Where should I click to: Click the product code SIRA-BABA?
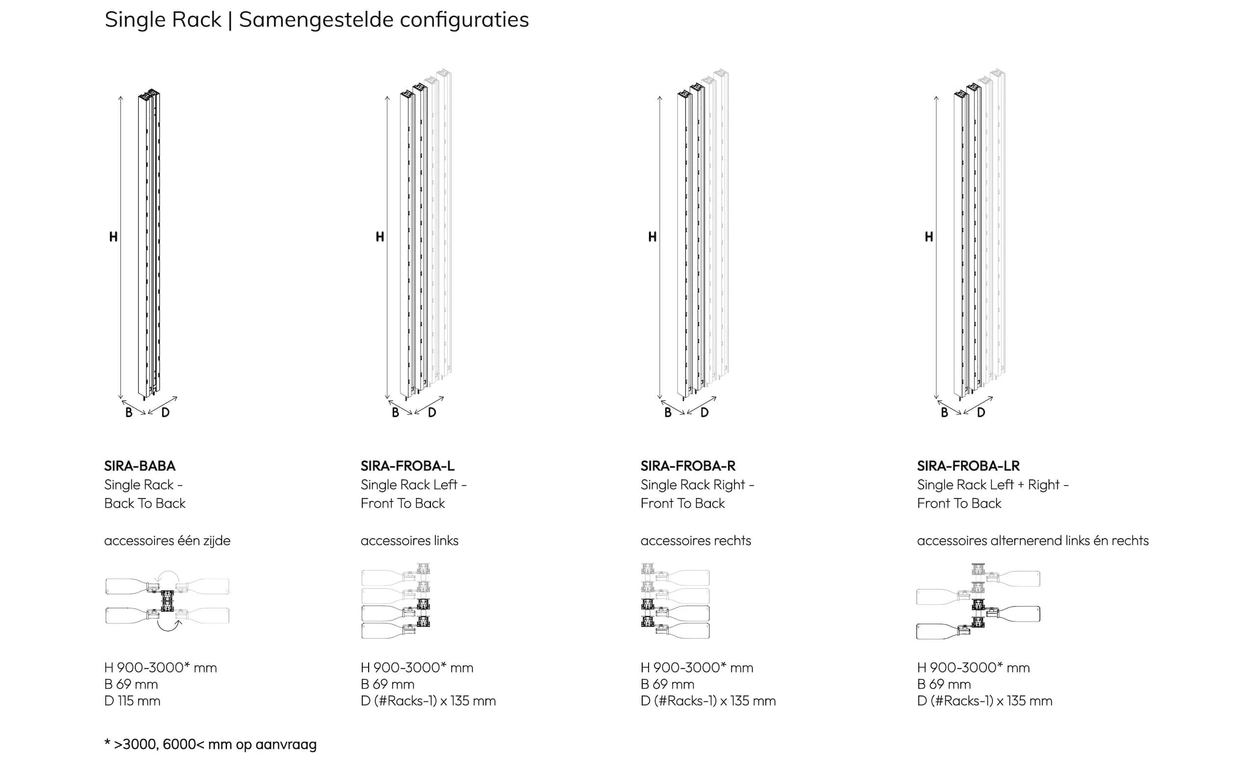tap(140, 466)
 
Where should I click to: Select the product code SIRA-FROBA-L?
tap(407, 466)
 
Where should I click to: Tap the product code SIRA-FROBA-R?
tap(688, 466)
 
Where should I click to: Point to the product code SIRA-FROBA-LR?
tap(968, 466)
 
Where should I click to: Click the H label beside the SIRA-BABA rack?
tap(113, 237)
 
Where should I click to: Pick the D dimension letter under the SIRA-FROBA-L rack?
tap(432, 413)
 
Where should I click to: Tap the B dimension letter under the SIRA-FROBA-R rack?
tap(668, 413)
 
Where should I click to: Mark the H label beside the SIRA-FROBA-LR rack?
tap(929, 237)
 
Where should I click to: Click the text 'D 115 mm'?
tap(132, 701)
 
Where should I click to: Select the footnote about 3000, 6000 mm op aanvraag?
tap(210, 744)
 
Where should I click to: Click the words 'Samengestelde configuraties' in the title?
tap(384, 20)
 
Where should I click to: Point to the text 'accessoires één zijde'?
tap(167, 541)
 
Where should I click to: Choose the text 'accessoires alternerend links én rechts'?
tap(1033, 541)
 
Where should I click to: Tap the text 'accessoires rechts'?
tap(696, 541)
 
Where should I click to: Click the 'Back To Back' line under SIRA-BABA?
tap(145, 503)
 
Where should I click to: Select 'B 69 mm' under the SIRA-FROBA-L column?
tap(388, 684)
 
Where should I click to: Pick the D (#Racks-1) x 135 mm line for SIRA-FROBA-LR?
tap(984, 701)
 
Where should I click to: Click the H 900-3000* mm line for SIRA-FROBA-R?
tap(697, 667)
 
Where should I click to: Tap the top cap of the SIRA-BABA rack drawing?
tap(149, 95)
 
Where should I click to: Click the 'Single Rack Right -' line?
tap(697, 485)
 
